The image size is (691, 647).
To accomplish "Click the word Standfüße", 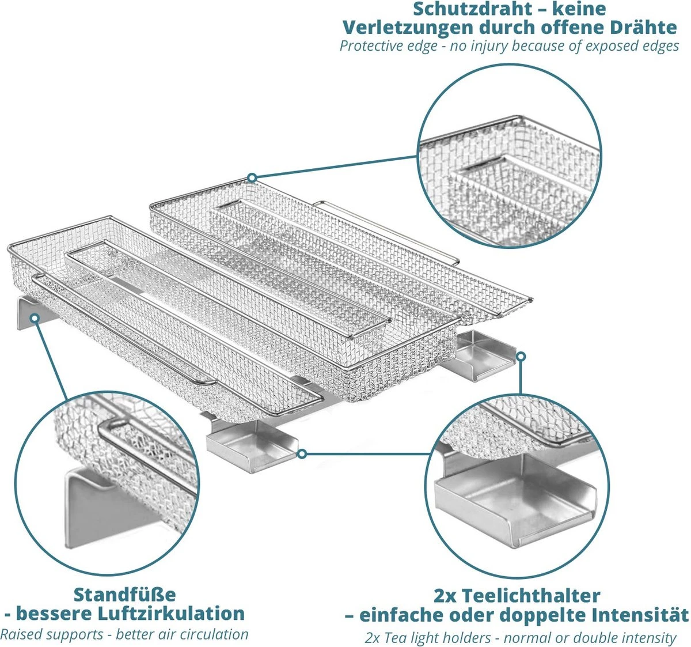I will tap(124, 595).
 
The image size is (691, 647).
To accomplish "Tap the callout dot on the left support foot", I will tap(35, 317).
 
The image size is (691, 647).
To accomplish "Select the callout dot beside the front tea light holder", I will tap(302, 454).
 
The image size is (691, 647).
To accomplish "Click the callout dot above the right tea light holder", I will tap(521, 356).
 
